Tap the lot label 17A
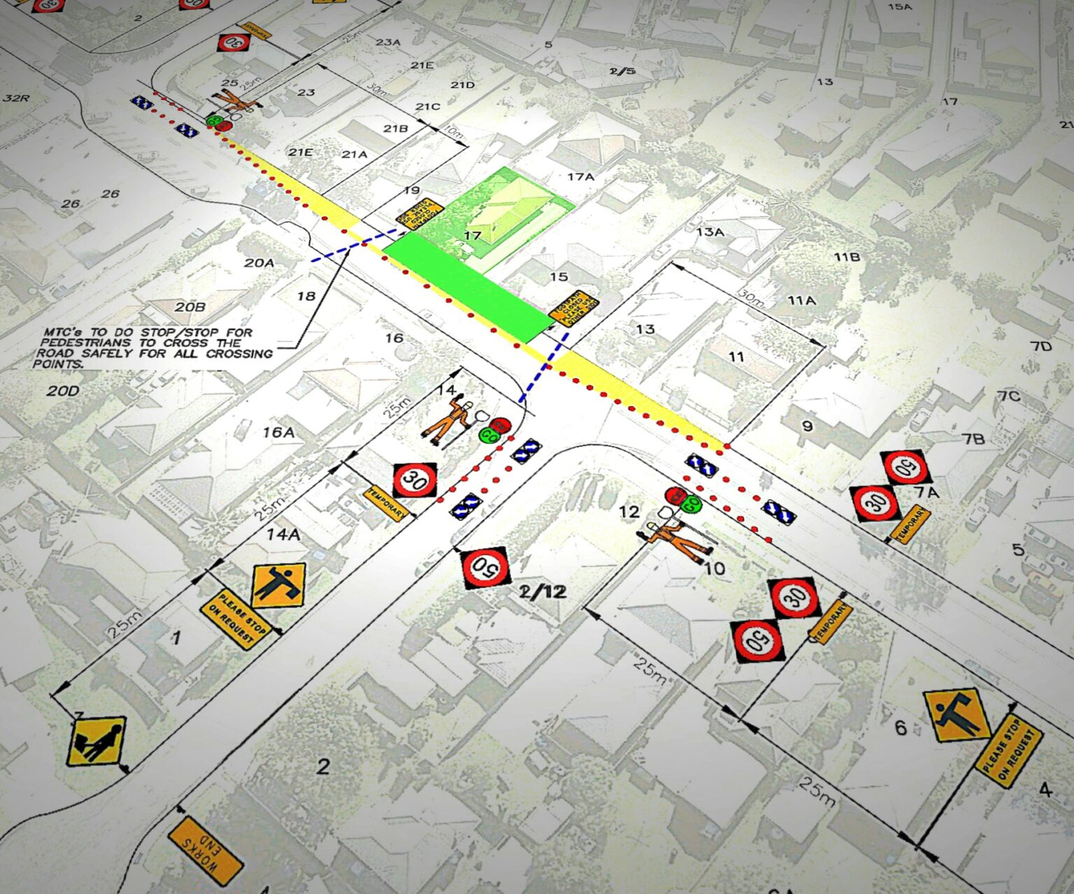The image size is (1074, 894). click(580, 177)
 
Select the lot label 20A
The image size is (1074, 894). click(259, 263)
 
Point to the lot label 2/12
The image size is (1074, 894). click(543, 592)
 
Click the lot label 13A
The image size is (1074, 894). click(710, 232)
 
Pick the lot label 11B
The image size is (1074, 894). click(847, 257)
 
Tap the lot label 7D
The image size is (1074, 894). click(1041, 346)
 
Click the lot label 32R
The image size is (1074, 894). click(16, 98)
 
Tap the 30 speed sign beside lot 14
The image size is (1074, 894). click(415, 480)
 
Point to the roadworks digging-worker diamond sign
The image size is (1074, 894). click(97, 741)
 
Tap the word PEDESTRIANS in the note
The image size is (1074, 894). click(85, 343)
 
